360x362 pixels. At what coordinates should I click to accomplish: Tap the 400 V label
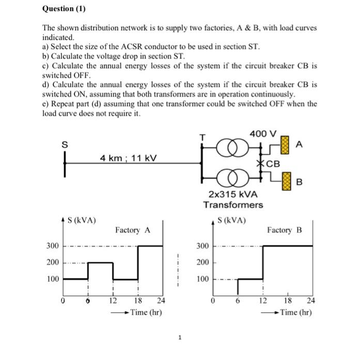pos(262,134)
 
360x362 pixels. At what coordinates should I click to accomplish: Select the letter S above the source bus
pos(65,145)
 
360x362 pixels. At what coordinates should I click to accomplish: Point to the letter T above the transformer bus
pos(203,138)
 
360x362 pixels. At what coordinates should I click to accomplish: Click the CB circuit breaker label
pos(273,164)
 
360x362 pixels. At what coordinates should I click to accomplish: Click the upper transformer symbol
pos(228,150)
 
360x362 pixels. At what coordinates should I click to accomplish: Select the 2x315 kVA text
pos(232,194)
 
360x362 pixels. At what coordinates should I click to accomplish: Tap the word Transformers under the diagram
pos(232,205)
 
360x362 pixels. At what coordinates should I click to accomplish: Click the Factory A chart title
pos(133,229)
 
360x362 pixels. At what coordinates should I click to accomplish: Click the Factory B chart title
pos(284,229)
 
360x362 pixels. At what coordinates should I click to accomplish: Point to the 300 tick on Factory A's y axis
pos(53,246)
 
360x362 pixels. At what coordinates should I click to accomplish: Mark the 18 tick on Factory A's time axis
pos(138,300)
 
